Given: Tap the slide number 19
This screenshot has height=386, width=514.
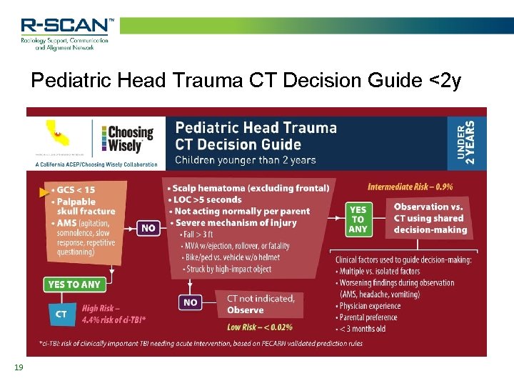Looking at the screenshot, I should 19,367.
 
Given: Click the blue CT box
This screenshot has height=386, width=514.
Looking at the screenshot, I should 61,313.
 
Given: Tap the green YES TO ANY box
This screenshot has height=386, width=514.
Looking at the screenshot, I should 74,284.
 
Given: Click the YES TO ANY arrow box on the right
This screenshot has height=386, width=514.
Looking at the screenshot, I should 358,219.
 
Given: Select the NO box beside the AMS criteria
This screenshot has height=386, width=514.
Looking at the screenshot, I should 148,229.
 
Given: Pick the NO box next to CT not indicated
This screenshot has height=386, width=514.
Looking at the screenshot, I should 191,303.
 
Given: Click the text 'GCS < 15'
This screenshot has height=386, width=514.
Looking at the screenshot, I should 74,190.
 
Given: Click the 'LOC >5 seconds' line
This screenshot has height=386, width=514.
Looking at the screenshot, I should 206,200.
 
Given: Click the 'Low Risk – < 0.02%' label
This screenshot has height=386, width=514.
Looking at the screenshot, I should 259,327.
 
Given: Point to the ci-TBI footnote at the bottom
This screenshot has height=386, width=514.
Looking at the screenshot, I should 200,343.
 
